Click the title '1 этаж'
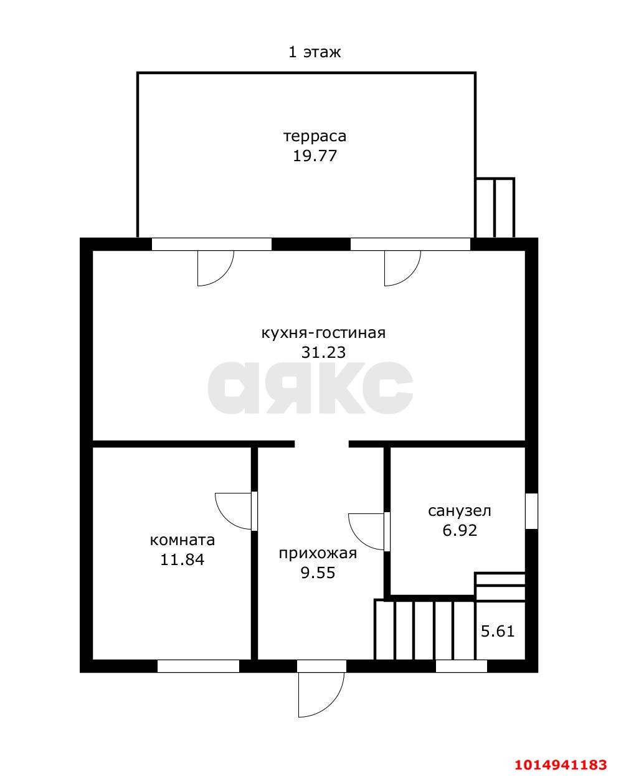pos(315,52)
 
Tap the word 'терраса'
pos(315,136)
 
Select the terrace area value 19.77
pos(315,156)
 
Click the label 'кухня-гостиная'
pos(323,333)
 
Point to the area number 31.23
pos(323,352)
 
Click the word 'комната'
pos(183,540)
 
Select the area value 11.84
pos(183,559)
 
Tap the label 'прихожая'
pos(318,553)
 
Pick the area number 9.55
pos(318,573)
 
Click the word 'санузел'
pos(460,511)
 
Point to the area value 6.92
pos(460,531)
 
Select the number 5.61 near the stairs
pos(498,631)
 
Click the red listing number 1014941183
pos(561,764)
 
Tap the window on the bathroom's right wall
pos(531,511)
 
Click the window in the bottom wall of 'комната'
pos(198,666)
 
